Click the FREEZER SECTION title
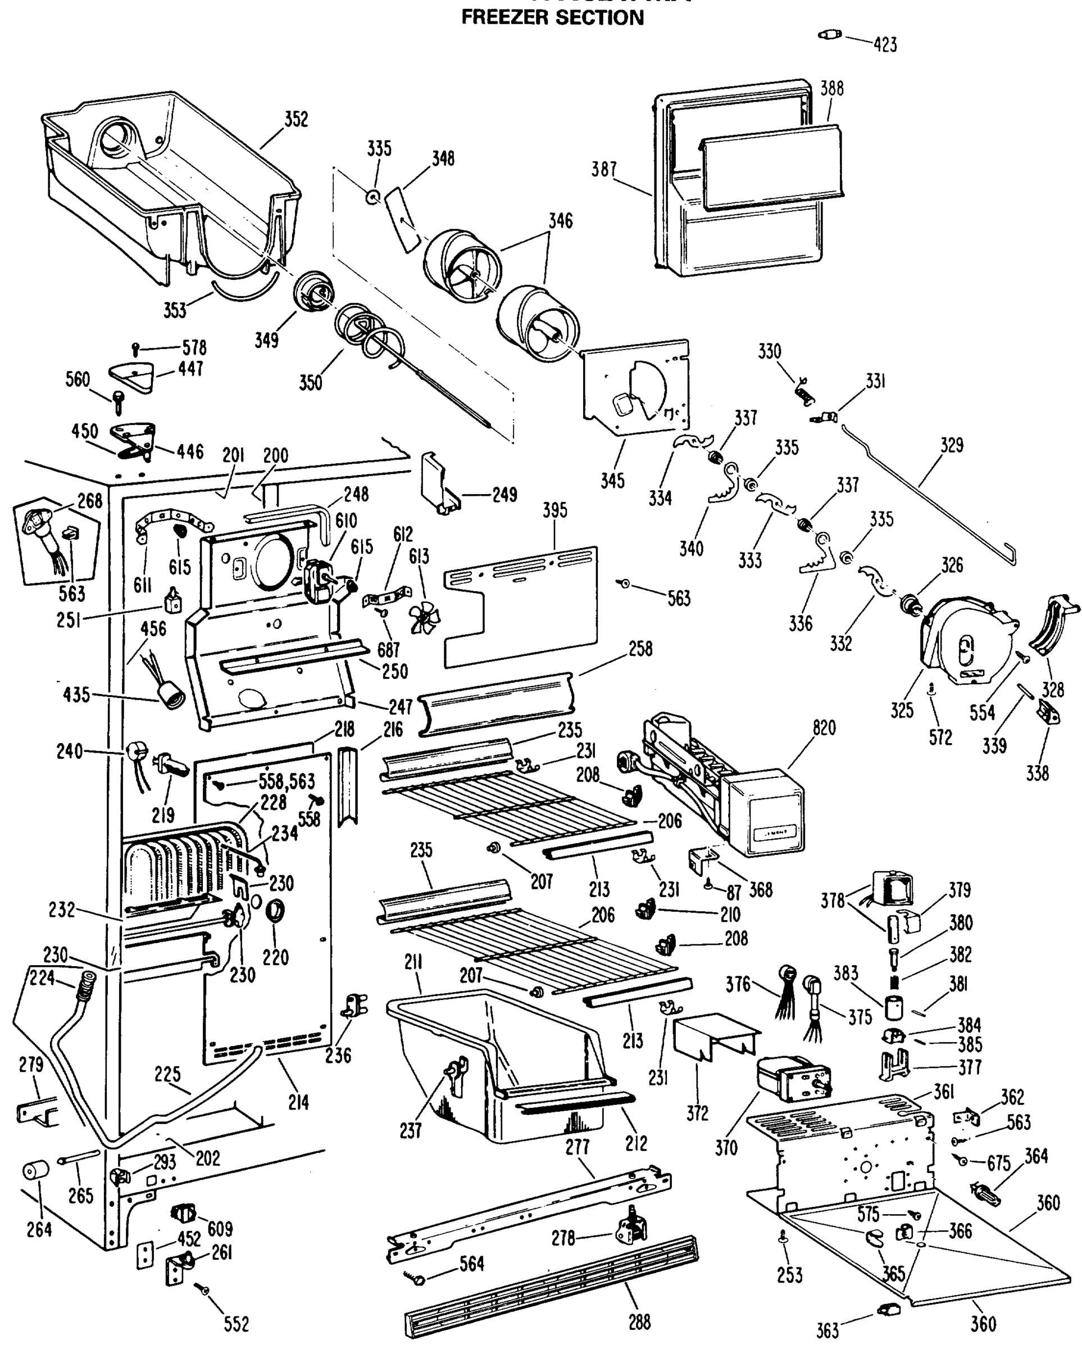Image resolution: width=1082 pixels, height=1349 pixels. click(552, 17)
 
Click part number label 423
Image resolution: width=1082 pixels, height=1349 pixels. click(885, 44)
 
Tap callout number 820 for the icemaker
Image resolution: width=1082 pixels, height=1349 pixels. click(824, 728)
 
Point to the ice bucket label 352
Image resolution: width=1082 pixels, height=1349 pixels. click(296, 119)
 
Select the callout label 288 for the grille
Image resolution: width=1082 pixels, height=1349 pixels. click(639, 1322)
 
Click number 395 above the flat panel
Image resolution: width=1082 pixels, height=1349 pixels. click(554, 510)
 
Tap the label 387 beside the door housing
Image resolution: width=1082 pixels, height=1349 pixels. click(604, 169)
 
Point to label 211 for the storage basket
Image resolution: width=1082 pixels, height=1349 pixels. click(413, 962)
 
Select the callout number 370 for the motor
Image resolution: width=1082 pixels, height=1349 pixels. click(726, 1148)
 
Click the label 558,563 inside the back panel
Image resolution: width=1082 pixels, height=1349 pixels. click(287, 781)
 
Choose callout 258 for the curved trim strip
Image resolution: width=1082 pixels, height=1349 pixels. click(640, 649)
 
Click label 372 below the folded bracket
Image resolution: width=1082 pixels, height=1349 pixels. click(697, 1113)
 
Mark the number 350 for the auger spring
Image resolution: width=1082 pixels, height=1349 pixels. click(310, 382)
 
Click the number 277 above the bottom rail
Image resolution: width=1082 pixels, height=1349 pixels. click(578, 1146)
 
